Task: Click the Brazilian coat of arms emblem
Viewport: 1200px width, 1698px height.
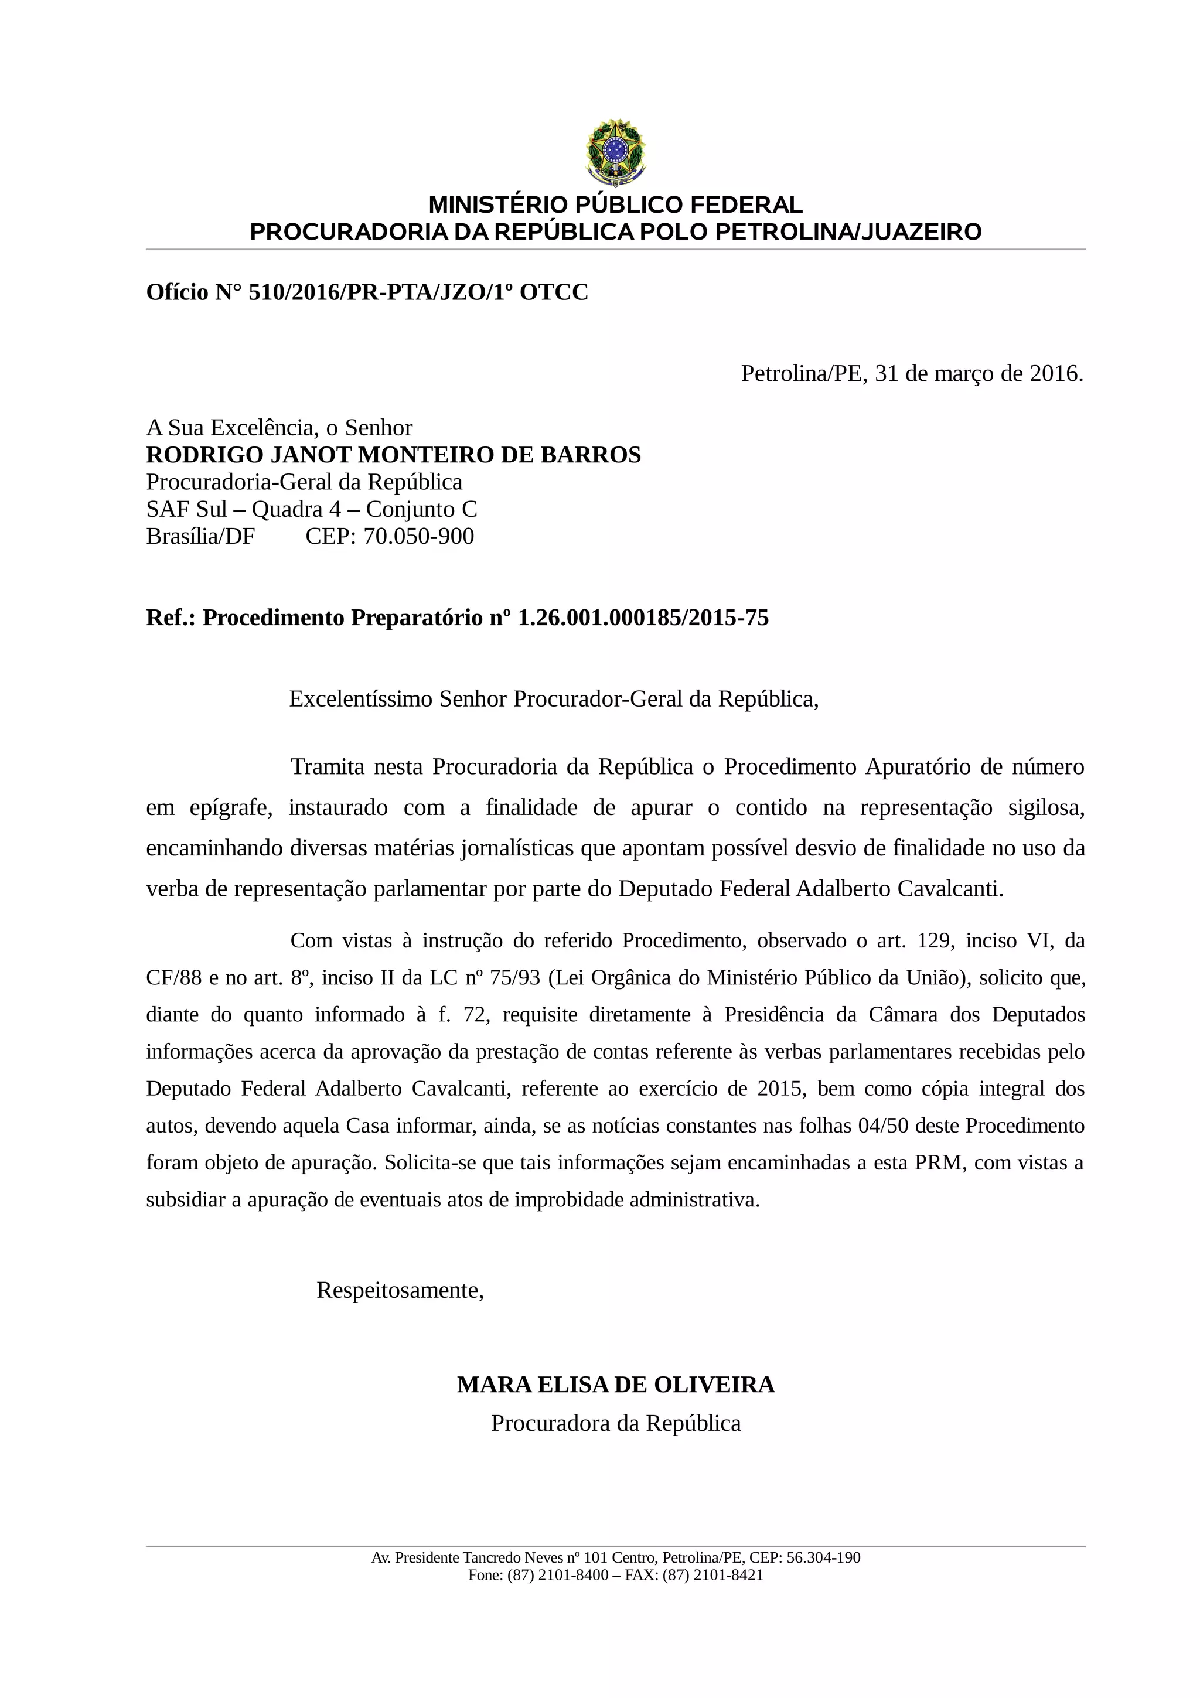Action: click(615, 152)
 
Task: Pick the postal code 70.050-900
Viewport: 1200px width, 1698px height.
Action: click(418, 536)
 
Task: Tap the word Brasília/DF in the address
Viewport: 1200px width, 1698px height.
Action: click(200, 536)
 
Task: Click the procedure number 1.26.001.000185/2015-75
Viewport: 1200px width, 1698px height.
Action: click(643, 618)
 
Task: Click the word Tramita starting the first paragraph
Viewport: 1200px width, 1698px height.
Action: click(328, 767)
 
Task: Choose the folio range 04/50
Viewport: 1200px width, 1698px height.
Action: click(883, 1126)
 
